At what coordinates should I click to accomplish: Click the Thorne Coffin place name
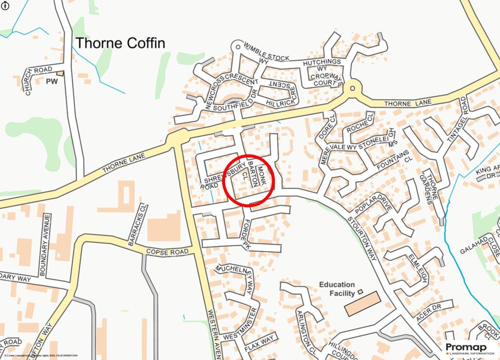120,43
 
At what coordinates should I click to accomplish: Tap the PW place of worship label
52,81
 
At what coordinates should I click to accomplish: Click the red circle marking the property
249,180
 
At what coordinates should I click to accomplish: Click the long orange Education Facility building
362,304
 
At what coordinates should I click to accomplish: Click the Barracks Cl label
137,225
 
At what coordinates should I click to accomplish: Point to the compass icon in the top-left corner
4,4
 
